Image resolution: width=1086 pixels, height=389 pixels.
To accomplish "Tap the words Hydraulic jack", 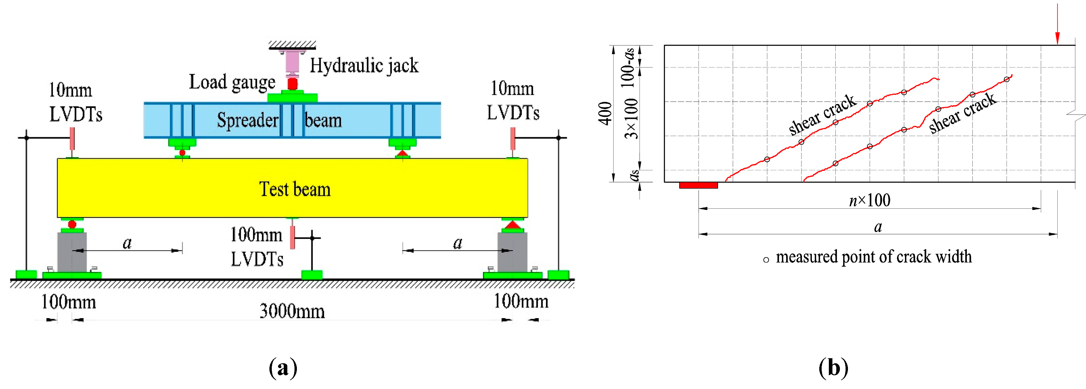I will pos(364,66).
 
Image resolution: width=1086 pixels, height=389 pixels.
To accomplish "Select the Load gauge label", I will pos(231,82).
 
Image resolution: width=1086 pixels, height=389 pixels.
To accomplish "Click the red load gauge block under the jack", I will pos(292,84).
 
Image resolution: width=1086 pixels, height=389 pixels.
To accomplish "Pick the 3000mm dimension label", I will pos(292,311).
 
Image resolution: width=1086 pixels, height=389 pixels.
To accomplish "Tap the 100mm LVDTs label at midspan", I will pos(256,247).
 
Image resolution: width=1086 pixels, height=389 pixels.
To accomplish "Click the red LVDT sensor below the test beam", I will pos(292,237).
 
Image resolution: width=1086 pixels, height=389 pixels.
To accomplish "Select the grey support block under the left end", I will pos(72,252).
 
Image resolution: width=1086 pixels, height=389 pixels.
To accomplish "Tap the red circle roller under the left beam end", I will pos(72,224).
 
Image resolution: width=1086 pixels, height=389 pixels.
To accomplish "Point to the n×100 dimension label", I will pos(869,200).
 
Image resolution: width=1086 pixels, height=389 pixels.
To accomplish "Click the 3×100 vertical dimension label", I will pos(631,119).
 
